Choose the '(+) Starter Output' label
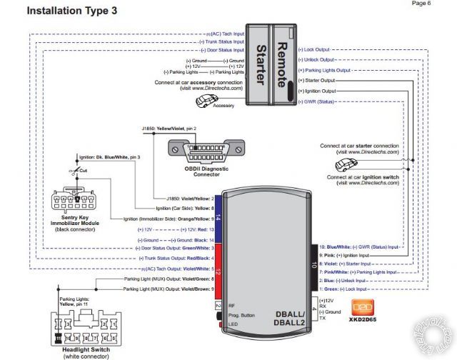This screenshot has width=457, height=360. (x=316, y=81)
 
